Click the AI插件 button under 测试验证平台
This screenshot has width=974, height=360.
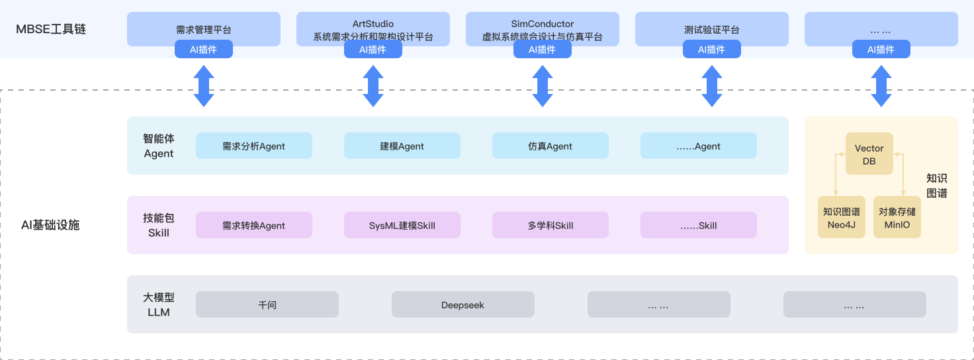[x=712, y=50]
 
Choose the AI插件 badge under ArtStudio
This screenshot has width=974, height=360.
[x=373, y=50]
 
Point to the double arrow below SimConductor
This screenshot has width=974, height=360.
[x=543, y=86]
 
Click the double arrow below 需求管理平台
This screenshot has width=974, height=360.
[x=204, y=86]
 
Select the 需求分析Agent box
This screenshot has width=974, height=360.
[x=254, y=146]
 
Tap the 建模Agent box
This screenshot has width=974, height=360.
[x=402, y=146]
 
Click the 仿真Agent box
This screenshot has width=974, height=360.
[x=551, y=146]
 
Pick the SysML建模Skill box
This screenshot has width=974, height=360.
[x=402, y=225]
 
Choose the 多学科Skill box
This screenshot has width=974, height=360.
[x=551, y=225]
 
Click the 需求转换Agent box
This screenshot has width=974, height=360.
[x=254, y=225]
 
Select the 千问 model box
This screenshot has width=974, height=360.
[x=267, y=304]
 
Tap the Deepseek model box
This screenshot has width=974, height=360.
[x=463, y=304]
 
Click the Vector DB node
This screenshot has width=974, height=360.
[x=869, y=154]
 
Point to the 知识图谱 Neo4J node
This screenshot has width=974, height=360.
[x=842, y=218]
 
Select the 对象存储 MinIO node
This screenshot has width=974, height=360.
[x=897, y=218]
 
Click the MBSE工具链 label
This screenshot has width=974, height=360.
[x=51, y=29]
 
